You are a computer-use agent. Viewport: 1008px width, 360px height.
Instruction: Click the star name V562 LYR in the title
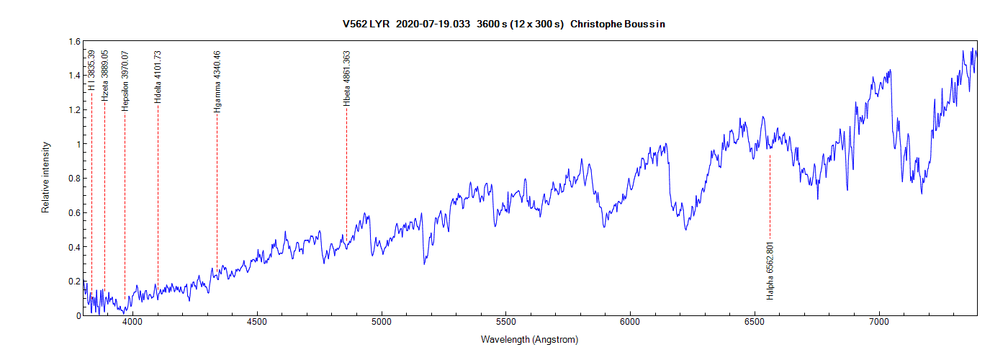pos(366,24)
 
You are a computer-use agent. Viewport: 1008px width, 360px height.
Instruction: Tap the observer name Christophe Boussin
pos(623,24)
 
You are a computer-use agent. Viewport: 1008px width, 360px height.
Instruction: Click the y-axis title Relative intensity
pos(45,177)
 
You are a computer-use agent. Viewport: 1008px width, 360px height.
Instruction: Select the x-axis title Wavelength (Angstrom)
pos(529,339)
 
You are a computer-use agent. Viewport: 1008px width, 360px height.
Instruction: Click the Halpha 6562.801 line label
pos(770,271)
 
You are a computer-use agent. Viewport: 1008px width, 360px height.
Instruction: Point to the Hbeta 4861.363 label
pos(347,78)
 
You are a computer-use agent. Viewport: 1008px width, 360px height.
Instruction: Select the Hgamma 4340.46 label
pos(217,81)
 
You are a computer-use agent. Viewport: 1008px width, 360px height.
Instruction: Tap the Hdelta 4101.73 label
pos(158,77)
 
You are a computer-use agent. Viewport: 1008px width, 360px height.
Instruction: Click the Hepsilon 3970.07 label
pos(125,80)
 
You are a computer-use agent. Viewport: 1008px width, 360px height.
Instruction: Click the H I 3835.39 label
pos(91,71)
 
